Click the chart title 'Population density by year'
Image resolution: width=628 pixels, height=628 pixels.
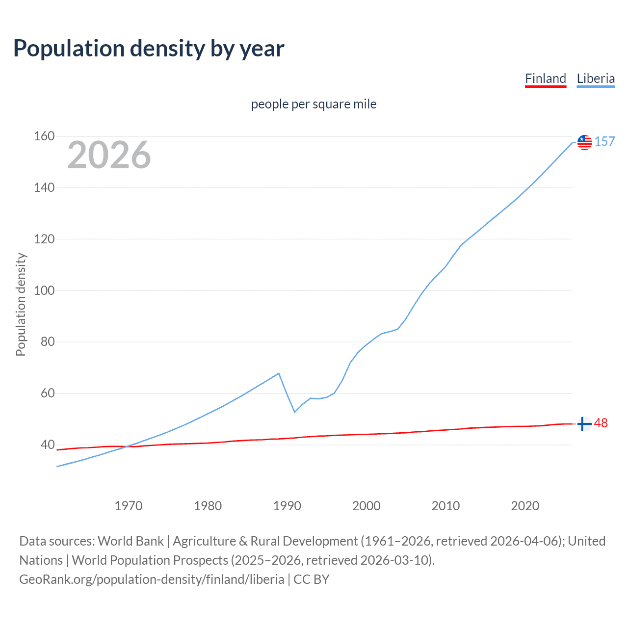[x=149, y=49]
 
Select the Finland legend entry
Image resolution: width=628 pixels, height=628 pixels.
[x=545, y=78]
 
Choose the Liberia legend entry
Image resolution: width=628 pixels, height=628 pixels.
[x=596, y=78]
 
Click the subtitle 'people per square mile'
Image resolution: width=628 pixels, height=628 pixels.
[x=314, y=104]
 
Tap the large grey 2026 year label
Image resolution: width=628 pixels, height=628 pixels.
[x=109, y=155]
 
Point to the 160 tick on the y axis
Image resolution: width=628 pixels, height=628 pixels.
[x=44, y=136]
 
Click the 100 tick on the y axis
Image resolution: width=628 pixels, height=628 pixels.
[x=44, y=290]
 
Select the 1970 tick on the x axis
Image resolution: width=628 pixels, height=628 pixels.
[x=129, y=506]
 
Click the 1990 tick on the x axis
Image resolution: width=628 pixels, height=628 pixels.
[x=287, y=506]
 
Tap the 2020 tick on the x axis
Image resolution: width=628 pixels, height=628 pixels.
[x=525, y=506]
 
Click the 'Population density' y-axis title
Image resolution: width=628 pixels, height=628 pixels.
[x=21, y=304]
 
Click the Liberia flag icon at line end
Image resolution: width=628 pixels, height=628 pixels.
[x=584, y=142]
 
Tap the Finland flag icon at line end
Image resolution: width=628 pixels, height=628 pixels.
[x=584, y=424]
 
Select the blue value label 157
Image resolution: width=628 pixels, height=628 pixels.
[x=604, y=142]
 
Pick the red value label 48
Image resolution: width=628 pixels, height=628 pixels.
[x=601, y=423]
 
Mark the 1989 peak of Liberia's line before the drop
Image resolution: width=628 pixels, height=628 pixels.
[x=279, y=373]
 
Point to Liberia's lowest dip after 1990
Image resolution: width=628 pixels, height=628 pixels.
[x=295, y=412]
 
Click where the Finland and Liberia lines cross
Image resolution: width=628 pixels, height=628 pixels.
[x=127, y=446]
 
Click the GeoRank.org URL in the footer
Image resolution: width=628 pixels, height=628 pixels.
[x=152, y=579]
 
